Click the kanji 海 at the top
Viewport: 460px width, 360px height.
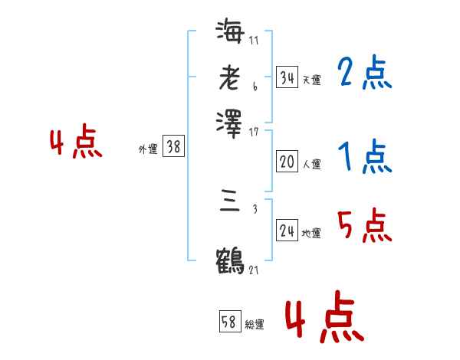pos(230,33)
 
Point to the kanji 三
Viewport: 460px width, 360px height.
pos(230,202)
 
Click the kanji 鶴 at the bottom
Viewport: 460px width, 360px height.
pos(230,260)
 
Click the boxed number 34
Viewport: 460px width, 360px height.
pos(287,77)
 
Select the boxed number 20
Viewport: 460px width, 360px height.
pos(287,162)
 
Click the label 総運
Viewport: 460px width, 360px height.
pos(255,325)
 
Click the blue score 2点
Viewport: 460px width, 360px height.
pos(364,74)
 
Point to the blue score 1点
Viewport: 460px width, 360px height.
pos(364,158)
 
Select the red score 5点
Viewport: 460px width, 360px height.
pos(364,227)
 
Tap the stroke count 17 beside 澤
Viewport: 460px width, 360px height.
pos(254,132)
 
